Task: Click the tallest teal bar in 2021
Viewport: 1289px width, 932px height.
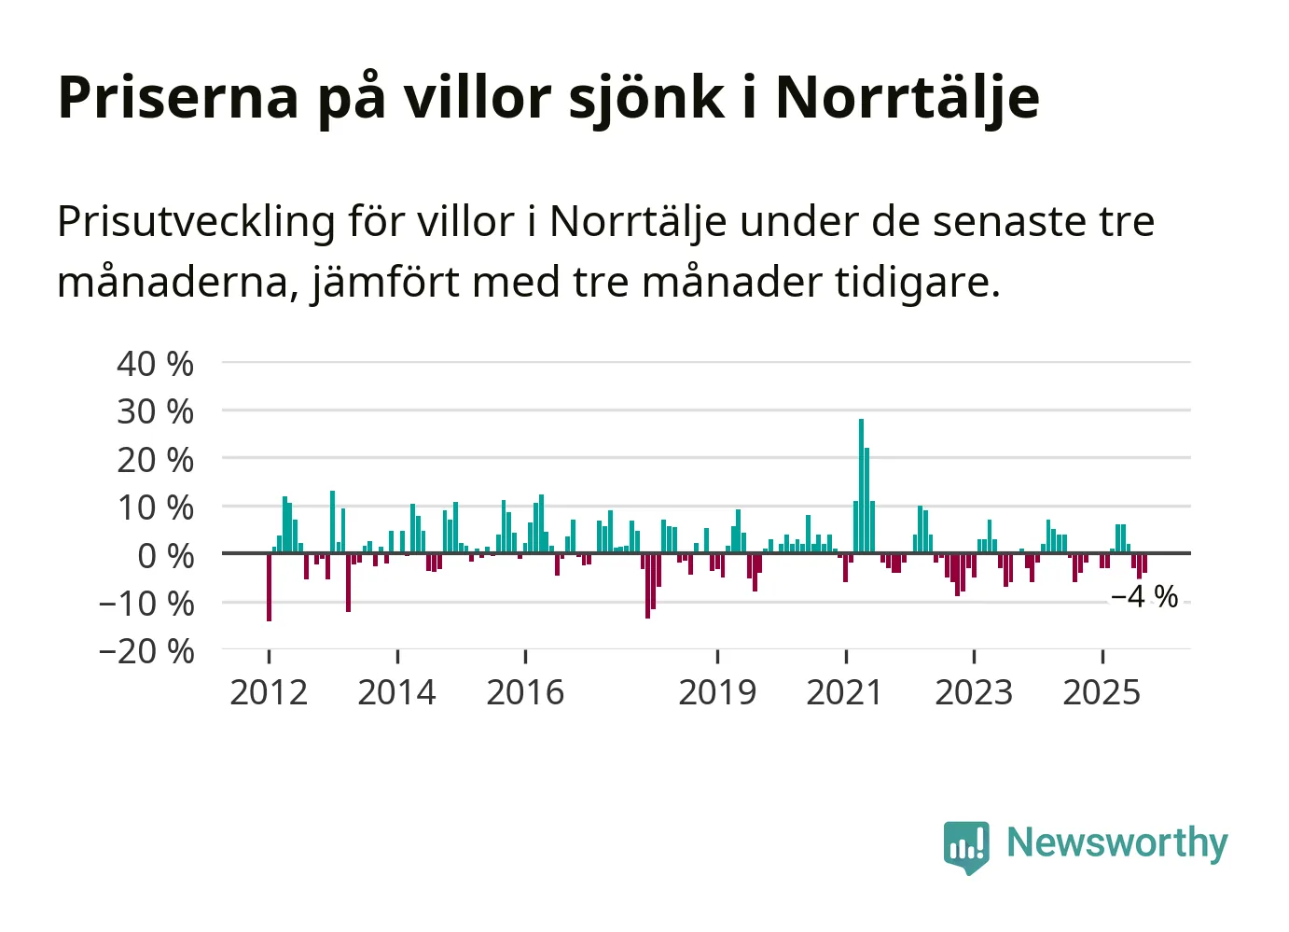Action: [x=861, y=485]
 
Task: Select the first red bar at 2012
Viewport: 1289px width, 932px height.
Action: [x=269, y=587]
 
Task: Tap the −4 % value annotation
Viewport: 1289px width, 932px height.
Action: [x=1144, y=596]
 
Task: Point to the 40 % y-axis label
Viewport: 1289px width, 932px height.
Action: [x=155, y=364]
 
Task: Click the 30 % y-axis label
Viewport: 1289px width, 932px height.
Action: [x=155, y=411]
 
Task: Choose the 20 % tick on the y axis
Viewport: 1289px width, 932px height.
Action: [x=155, y=460]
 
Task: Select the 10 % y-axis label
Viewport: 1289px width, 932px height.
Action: [x=155, y=508]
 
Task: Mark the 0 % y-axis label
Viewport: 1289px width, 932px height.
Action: [x=165, y=556]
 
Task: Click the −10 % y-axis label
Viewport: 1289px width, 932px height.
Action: [x=146, y=604]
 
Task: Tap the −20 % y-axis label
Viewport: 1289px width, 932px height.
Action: [x=146, y=651]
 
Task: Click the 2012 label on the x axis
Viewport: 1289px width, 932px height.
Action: [x=269, y=692]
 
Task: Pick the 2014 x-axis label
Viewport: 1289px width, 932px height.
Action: [x=396, y=692]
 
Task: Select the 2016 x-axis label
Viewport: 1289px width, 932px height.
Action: [x=525, y=692]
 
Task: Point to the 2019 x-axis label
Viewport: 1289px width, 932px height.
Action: [x=717, y=692]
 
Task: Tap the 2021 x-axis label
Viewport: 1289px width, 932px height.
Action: [x=845, y=692]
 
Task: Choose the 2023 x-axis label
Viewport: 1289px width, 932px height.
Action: [x=974, y=692]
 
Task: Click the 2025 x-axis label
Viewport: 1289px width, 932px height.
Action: [x=1102, y=692]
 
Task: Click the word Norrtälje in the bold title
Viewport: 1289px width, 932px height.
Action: [x=907, y=97]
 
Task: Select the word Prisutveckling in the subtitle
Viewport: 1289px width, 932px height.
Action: [x=196, y=222]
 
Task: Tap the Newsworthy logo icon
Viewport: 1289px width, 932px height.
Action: [x=965, y=846]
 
